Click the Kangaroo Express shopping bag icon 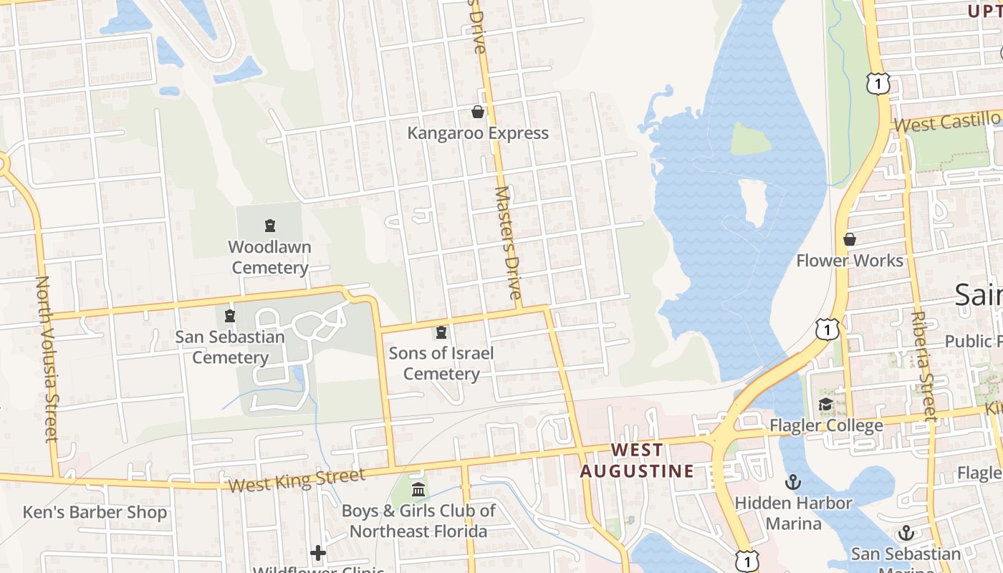(x=478, y=112)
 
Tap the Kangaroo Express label (x=478, y=133)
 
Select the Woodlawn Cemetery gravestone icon (x=270, y=226)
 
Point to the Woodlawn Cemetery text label (x=269, y=257)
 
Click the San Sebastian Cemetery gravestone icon (x=230, y=315)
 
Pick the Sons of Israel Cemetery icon (x=441, y=332)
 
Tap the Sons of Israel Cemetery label (x=441, y=363)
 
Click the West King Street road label (x=297, y=479)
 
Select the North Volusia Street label (x=46, y=358)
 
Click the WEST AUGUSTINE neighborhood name (x=637, y=461)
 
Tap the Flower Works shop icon (x=850, y=239)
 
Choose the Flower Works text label (x=850, y=260)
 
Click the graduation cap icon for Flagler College (x=825, y=405)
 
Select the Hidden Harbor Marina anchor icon (x=793, y=481)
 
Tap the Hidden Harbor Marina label (x=793, y=513)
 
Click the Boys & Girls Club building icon (x=418, y=490)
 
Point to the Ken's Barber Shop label (x=95, y=513)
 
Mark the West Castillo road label (x=947, y=121)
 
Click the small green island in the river (x=750, y=138)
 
